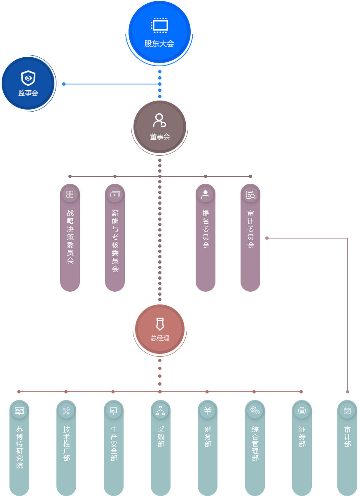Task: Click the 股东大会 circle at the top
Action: coord(159,32)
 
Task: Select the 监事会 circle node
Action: coord(28,83)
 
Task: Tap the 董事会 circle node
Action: coord(160,126)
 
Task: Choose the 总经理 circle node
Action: coord(160,329)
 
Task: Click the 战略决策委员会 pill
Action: coord(70,238)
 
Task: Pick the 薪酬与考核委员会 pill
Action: coord(115,238)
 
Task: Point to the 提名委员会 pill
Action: coord(206,238)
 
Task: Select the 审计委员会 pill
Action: coord(250,238)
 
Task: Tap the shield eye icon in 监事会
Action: coord(28,77)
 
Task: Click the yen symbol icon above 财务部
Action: coord(208,410)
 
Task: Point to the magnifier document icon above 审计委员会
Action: coord(250,195)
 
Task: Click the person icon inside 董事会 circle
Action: coord(159,120)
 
